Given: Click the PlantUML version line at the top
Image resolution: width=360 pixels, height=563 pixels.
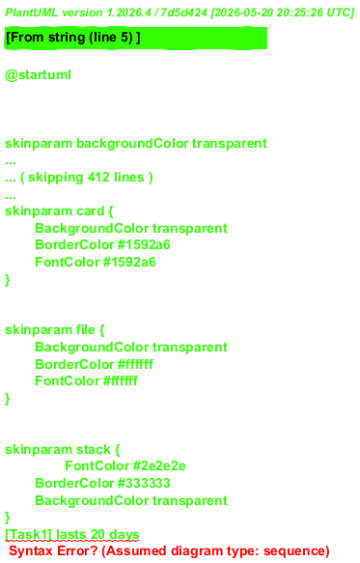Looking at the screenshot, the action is [x=180, y=13].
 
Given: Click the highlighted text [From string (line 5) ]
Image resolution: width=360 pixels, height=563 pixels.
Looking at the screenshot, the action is [x=72, y=37].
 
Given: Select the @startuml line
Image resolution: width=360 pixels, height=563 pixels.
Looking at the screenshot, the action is [x=38, y=75].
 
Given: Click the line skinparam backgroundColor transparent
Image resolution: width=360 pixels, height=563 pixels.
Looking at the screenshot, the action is [x=136, y=143].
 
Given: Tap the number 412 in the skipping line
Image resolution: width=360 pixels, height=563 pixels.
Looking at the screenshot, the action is [x=98, y=177].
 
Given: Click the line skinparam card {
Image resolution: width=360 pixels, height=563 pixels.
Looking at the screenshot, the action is [x=59, y=211].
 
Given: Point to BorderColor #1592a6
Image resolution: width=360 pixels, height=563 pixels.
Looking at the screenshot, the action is [x=102, y=245].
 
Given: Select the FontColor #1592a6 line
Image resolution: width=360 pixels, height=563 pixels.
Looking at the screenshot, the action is [x=96, y=262].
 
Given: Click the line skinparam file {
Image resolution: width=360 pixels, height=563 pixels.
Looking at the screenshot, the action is [x=55, y=329].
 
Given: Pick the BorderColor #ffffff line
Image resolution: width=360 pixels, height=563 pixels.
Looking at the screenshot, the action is [x=94, y=364].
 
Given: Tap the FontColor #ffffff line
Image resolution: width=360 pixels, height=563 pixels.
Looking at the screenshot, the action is [x=87, y=380].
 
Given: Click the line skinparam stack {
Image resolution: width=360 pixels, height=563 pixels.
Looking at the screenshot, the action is [x=63, y=449].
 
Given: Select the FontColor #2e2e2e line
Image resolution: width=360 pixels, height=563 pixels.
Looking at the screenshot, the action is [x=125, y=466].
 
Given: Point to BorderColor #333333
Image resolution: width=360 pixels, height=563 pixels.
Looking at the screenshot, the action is [x=102, y=483].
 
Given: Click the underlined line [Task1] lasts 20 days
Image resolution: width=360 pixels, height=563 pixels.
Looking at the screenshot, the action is [x=72, y=535].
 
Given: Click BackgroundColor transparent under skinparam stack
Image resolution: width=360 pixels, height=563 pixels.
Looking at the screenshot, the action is [x=131, y=500].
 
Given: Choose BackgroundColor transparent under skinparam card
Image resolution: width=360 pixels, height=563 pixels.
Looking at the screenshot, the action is [x=131, y=228].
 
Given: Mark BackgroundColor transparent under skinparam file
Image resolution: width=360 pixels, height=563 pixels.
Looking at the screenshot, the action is [x=131, y=347].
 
